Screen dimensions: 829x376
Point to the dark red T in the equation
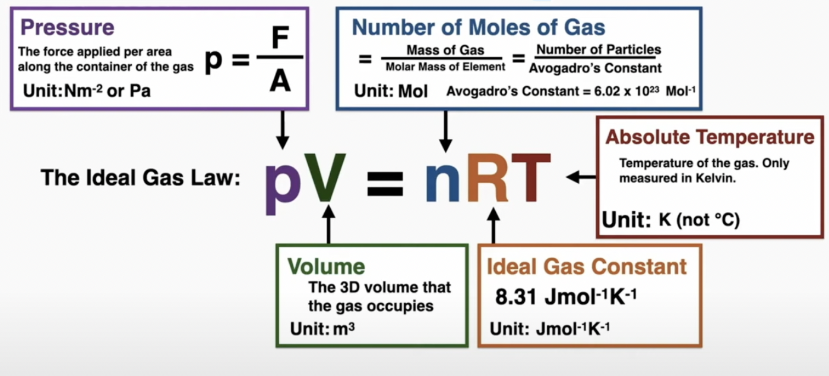click(x=531, y=177)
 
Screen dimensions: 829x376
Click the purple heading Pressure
click(x=67, y=27)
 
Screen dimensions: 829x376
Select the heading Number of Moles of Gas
click(x=479, y=27)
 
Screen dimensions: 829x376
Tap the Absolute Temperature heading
click(x=710, y=137)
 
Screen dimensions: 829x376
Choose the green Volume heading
click(x=326, y=266)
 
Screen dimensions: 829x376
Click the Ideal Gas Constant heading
click(x=587, y=266)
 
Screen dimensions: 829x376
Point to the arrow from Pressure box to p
click(x=283, y=130)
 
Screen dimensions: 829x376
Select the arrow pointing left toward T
click(x=581, y=177)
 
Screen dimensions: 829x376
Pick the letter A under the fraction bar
click(x=280, y=82)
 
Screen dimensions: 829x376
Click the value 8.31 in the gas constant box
click(x=517, y=296)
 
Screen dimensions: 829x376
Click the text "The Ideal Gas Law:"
click(x=140, y=177)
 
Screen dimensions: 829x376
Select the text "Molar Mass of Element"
click(x=445, y=67)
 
